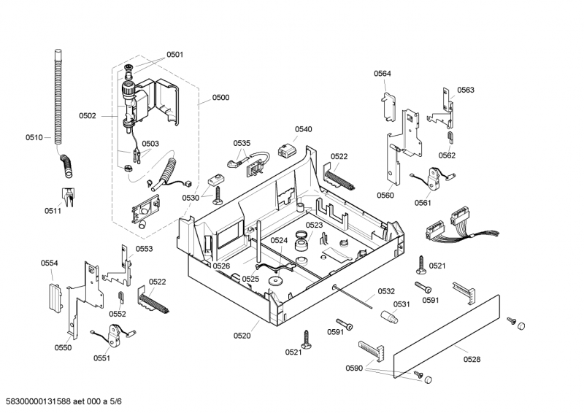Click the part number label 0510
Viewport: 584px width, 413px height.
point(34,137)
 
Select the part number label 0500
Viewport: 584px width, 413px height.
point(220,97)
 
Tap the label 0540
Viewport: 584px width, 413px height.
point(303,129)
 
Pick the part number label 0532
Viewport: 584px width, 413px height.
point(386,291)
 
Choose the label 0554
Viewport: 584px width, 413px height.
point(49,263)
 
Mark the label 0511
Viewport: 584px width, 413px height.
point(53,211)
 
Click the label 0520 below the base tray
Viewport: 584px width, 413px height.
point(242,336)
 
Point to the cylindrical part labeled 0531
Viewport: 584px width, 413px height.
point(388,317)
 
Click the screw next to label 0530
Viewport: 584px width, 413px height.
point(218,193)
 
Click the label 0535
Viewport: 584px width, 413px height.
point(242,143)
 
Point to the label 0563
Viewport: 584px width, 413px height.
point(466,90)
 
